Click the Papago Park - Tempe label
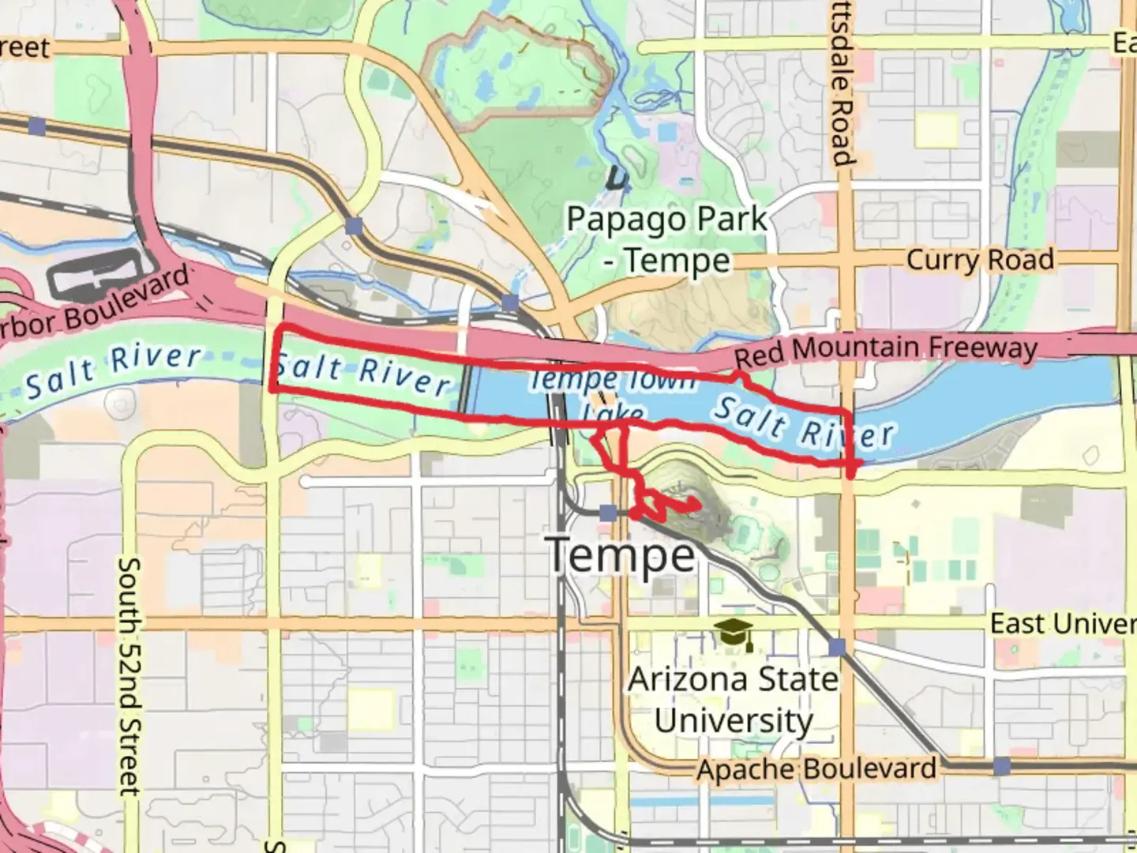coord(667,239)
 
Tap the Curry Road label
coord(980,260)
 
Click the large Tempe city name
coord(622,555)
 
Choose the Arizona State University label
coord(733,700)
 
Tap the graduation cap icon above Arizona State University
coord(734,634)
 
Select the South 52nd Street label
coord(129,676)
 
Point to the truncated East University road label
coord(1063,623)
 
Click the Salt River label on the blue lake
coord(804,424)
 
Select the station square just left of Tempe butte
coord(607,513)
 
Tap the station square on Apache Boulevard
coord(1001,766)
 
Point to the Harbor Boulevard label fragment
coord(95,305)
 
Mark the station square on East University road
coord(837,648)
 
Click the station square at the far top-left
coord(36,126)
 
